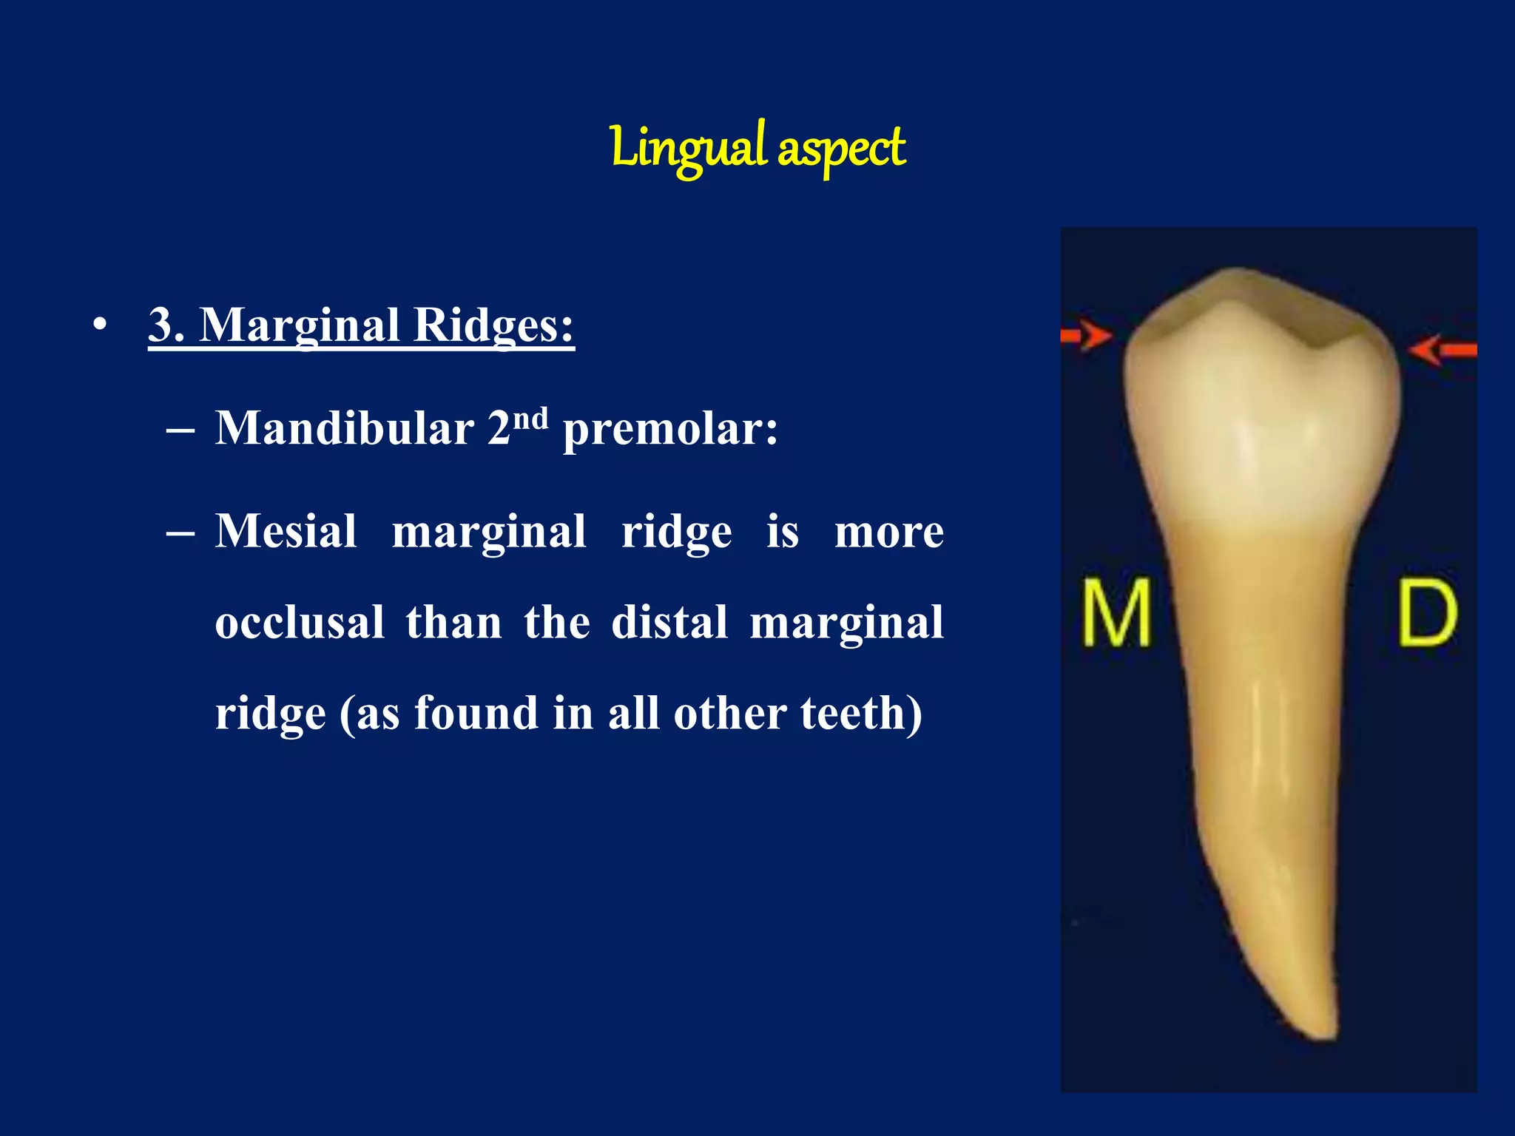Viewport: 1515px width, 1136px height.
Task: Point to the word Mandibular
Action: coord(344,428)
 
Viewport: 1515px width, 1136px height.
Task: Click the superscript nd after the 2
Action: coord(530,419)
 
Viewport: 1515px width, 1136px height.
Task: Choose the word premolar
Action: coord(669,430)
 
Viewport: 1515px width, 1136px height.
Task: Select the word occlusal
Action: coord(300,622)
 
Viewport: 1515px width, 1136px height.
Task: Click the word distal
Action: coord(669,622)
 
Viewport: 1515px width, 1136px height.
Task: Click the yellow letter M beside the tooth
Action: coord(1116,612)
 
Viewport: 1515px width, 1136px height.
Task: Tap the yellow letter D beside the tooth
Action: coord(1427,612)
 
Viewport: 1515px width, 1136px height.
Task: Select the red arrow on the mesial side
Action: coord(1085,336)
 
